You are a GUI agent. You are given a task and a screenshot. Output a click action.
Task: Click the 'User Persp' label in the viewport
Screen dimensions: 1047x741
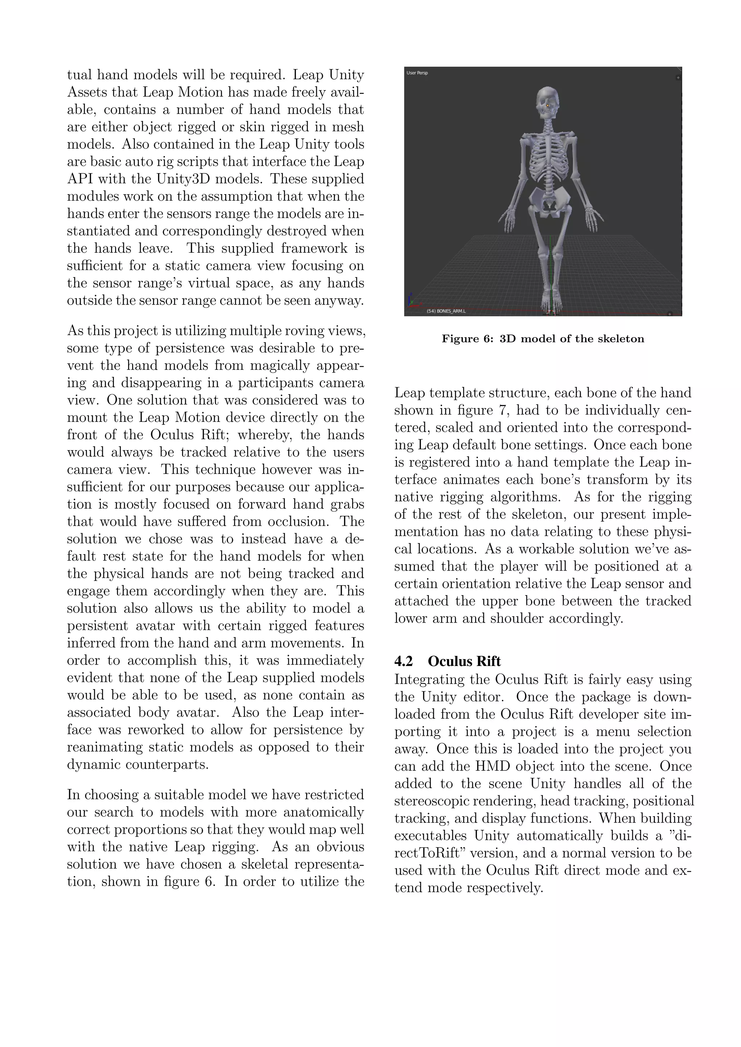click(x=417, y=73)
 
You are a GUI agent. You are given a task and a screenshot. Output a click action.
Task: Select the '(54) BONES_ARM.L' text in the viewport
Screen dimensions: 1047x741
click(x=446, y=311)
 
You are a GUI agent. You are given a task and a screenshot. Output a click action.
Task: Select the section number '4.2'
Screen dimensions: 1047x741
click(x=403, y=661)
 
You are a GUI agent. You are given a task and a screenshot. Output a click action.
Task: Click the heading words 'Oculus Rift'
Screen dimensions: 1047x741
click(x=464, y=661)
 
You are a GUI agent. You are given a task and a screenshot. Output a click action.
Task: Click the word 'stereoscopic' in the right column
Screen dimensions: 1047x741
click(x=431, y=801)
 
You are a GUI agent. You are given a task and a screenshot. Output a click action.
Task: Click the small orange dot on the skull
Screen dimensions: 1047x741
click(x=547, y=105)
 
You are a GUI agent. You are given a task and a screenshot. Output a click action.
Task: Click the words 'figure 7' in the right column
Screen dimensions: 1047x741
click(x=484, y=410)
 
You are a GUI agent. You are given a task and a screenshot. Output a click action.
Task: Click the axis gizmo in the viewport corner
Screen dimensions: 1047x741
click(x=411, y=301)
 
